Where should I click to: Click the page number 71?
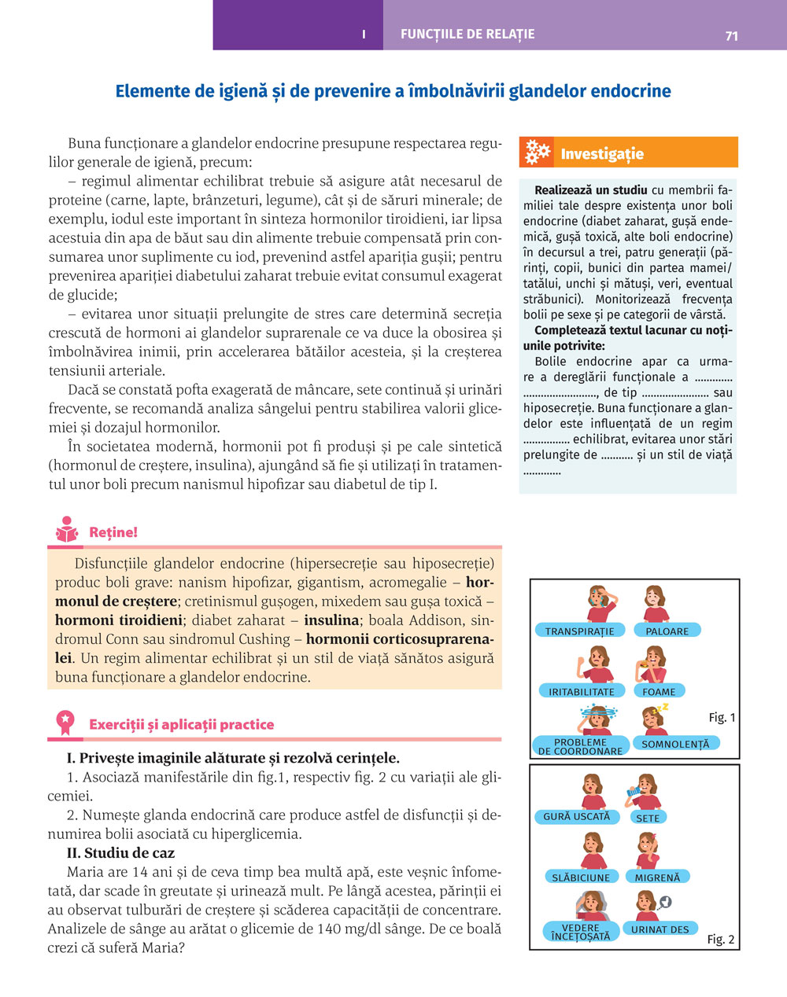pos(731,35)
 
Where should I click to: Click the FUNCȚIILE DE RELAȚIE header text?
pos(467,35)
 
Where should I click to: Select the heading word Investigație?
pos(602,154)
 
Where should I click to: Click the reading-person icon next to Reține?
pos(66,531)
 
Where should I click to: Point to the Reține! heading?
pos(113,532)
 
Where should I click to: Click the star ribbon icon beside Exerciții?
pos(65,723)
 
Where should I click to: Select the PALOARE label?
pos(667,631)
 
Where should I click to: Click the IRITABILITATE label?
pos(582,692)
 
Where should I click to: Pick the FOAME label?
pos(659,692)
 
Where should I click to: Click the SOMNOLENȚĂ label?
pos(675,744)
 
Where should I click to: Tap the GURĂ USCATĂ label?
pos(576,817)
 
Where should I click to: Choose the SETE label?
pos(648,818)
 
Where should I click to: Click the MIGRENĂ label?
pos(657,877)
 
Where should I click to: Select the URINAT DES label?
pos(660,929)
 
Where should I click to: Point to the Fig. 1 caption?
pos(722,717)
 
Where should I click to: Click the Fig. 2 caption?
pos(720,940)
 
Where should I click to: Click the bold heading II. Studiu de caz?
pos(121,853)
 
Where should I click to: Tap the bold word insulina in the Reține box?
pos(331,620)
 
